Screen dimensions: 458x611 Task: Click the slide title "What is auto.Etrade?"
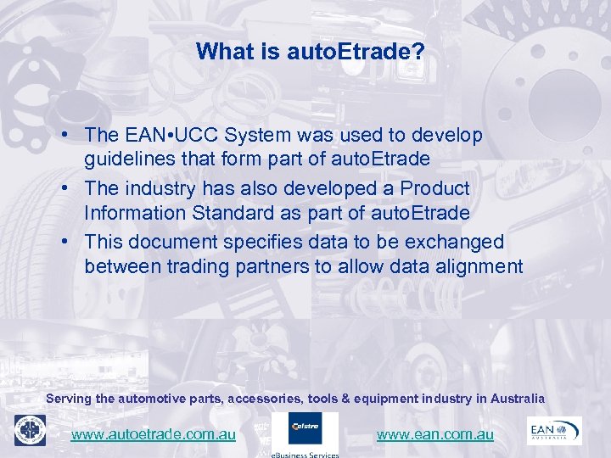(310, 53)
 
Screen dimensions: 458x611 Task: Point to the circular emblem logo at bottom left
(30, 431)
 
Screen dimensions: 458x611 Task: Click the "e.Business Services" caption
(305, 454)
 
